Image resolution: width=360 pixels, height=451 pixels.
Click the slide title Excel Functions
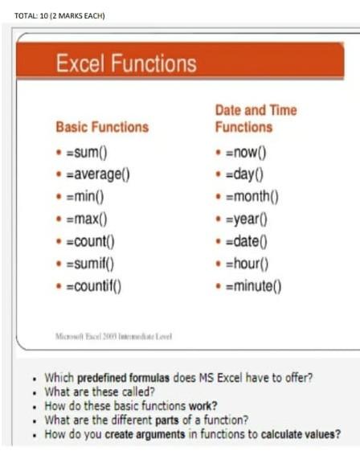pos(125,64)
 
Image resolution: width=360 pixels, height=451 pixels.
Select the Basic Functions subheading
pos(101,127)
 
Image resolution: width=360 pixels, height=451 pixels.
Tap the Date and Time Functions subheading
pos(256,118)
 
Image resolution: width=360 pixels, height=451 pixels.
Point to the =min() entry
pos(84,196)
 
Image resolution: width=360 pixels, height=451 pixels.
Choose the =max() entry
pos(86,218)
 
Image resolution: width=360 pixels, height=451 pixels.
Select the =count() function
pos(90,240)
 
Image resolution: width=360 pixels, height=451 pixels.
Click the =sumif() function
pos(89,262)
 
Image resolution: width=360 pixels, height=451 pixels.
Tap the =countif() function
pos(94,285)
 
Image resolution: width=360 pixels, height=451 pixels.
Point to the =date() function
pos(245,240)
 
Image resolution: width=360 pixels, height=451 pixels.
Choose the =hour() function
pos(246,263)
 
